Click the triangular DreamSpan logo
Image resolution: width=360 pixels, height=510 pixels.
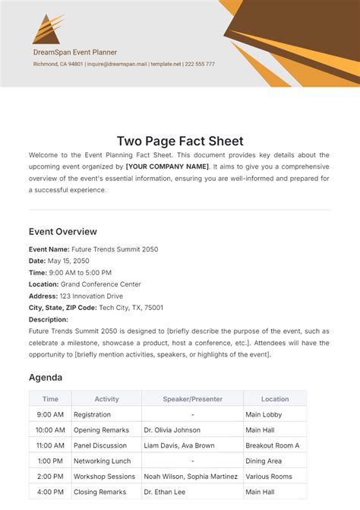coord(47,29)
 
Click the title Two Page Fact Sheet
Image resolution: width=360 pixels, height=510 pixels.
coord(180,141)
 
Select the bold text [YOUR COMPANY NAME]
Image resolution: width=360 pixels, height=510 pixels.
coord(167,166)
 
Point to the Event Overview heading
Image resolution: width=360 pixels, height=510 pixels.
coord(63,232)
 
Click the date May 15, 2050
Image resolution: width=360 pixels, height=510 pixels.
coord(64,261)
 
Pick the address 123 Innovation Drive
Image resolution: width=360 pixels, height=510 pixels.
coord(89,296)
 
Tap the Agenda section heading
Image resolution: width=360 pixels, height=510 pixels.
coord(46,377)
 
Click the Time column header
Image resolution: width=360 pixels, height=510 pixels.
coord(50,398)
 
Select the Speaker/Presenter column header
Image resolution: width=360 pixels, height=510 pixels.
coord(192,398)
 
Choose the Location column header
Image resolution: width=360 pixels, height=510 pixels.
coord(274,398)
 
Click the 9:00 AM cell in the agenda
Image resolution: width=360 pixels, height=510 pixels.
coord(50,415)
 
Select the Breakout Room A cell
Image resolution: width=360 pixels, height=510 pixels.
coord(272,445)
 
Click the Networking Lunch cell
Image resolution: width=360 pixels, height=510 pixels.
coord(103,461)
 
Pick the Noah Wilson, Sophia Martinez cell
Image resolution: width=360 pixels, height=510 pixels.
coord(191,477)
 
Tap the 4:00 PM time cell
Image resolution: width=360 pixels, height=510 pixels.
coord(50,492)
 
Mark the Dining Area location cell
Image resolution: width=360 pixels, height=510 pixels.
coord(264,461)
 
